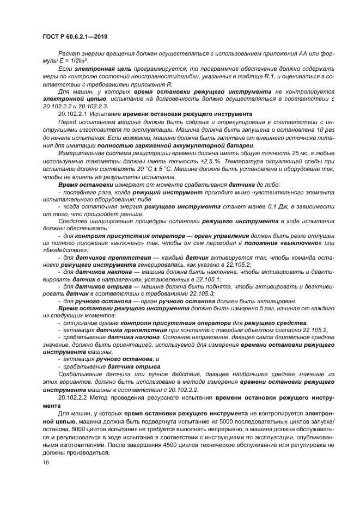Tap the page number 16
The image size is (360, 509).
coord(45,462)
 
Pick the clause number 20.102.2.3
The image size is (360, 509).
coord(91,107)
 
